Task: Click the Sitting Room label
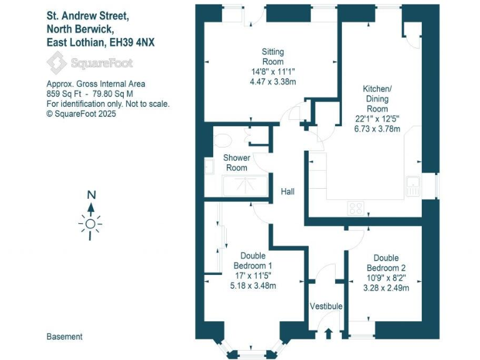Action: pos(272,57)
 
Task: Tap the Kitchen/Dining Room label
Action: pos(377,99)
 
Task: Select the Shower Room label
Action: pos(236,162)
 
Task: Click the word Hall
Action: pos(287,192)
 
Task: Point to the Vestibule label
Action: pos(326,306)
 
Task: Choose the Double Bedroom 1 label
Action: pos(253,261)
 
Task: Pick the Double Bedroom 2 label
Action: pos(386,262)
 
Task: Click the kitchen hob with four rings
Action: pos(356,208)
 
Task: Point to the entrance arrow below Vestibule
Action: pos(329,332)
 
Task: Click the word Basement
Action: pos(64,337)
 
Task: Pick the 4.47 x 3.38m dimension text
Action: pos(272,82)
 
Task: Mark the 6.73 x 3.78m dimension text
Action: pos(377,129)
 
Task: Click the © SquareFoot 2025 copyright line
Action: pos(81,114)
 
